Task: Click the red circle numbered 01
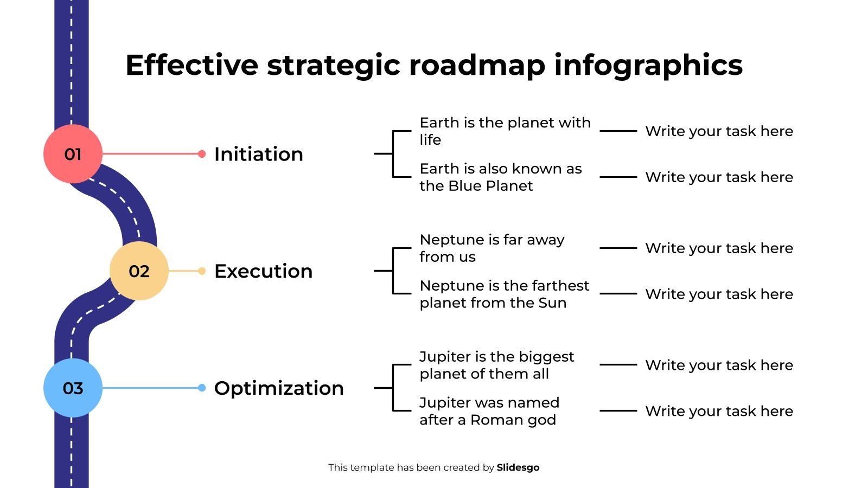coord(73,154)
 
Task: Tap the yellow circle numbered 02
coord(139,271)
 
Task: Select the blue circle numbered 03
coord(73,388)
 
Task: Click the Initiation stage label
coord(258,154)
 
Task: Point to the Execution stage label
coord(264,271)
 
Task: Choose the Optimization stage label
coord(279,388)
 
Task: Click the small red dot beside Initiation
coord(202,154)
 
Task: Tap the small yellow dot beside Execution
coord(202,271)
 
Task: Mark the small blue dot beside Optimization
coord(202,388)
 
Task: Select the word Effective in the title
coord(192,65)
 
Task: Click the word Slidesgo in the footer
coord(518,467)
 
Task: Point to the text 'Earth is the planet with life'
coord(505,131)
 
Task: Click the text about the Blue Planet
coord(501,177)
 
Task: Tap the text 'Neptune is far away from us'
coord(492,248)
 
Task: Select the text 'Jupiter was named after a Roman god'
coord(489,411)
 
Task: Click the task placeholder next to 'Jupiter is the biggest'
coord(719,365)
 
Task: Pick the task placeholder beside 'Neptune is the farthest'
coord(719,294)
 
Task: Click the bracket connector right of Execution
coord(393,271)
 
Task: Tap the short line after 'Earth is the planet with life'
coord(618,131)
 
